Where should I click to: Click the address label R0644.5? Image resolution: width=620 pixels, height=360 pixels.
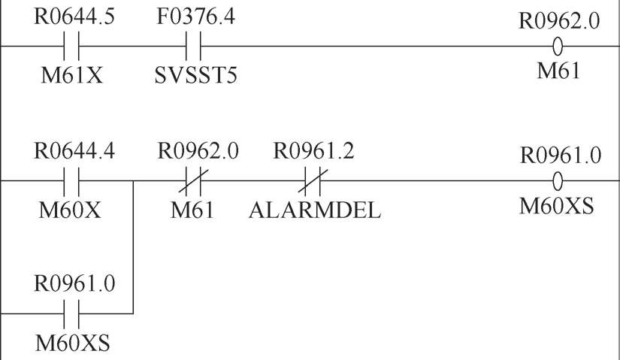74,17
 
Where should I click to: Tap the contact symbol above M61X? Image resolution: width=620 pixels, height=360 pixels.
71,46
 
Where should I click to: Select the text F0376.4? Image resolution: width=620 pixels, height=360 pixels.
195,17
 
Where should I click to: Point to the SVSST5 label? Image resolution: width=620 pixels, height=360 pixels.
195,75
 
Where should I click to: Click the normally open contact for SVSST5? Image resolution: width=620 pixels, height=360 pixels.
193,46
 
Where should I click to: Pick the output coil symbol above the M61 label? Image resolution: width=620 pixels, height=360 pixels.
558,47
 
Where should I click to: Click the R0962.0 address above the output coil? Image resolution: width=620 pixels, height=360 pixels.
559,20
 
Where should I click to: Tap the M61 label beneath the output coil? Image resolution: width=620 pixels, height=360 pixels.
558,71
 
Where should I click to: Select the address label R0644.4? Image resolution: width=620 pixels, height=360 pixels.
74,151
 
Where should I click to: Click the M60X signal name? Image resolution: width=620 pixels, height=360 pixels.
70,210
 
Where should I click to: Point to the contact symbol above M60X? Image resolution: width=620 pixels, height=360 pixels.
71,181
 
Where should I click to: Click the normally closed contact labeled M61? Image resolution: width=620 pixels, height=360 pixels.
193,181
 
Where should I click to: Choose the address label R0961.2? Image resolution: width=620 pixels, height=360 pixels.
314,151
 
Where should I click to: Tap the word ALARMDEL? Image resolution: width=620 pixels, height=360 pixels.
315,210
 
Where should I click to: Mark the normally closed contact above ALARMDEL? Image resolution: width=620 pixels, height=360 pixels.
313,181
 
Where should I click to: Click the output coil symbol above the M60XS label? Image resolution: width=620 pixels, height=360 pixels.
558,182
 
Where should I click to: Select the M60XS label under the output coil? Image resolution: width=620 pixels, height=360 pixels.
556,206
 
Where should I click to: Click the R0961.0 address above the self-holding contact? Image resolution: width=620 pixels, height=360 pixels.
74,283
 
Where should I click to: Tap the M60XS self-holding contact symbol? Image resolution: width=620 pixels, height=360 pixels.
71,313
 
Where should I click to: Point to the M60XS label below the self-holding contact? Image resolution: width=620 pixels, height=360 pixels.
72,343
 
